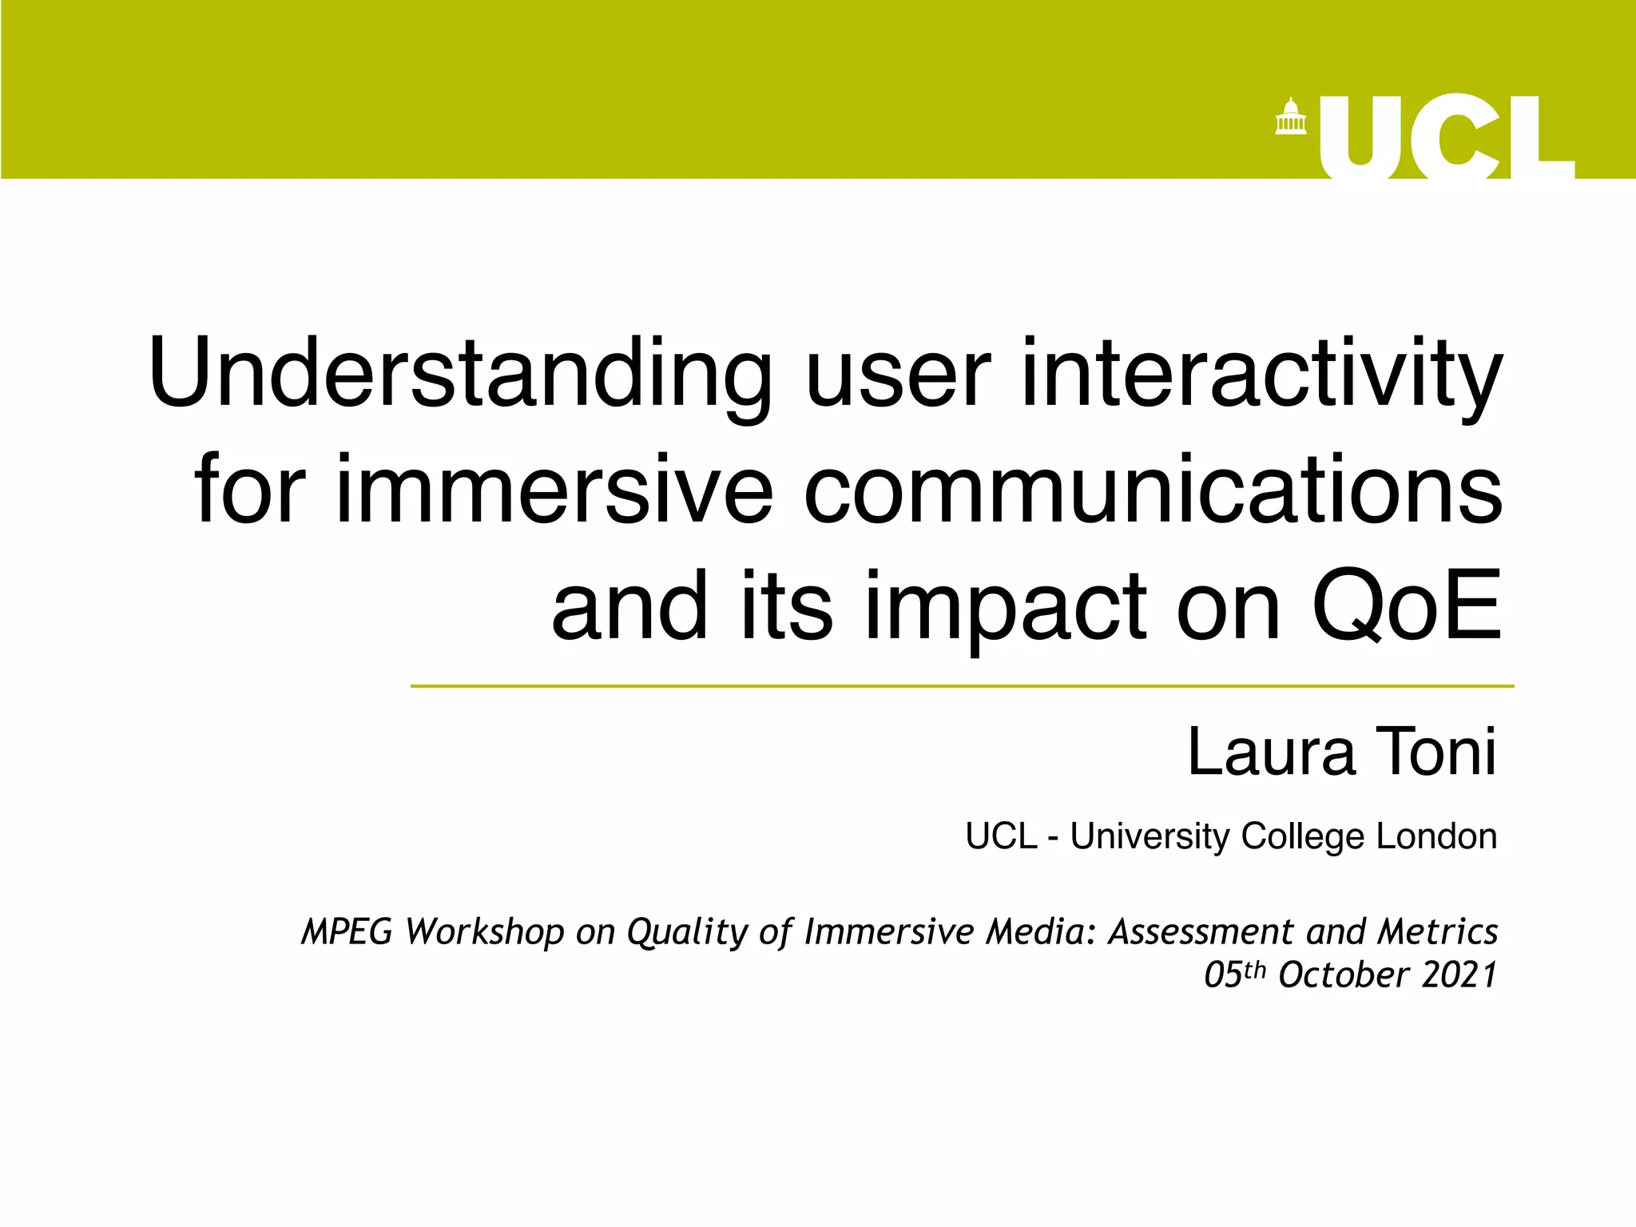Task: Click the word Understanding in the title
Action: coord(460,374)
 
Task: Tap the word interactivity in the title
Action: coord(1261,374)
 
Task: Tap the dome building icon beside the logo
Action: coord(1290,117)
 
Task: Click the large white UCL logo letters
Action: coord(1445,137)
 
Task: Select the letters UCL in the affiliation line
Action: coord(1000,836)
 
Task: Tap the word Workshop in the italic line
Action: coord(484,931)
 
